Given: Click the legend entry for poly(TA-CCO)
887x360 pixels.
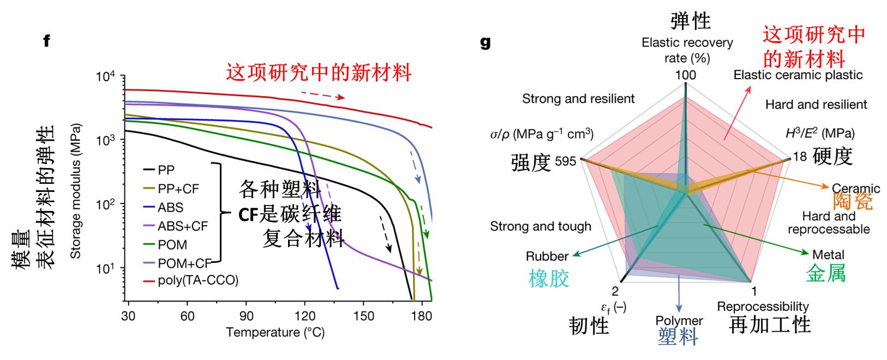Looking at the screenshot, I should [x=197, y=281].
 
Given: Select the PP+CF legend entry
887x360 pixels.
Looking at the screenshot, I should [x=178, y=189].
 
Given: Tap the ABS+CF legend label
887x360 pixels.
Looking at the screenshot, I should [x=182, y=226].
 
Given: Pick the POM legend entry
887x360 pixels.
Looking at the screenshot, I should [x=172, y=244].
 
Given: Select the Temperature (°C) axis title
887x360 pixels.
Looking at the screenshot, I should [x=275, y=333].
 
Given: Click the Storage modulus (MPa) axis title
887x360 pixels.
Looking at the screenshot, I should [x=75, y=191].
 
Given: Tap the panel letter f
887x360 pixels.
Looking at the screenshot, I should [x=47, y=41].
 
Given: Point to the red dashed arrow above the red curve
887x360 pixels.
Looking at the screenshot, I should [x=322, y=95].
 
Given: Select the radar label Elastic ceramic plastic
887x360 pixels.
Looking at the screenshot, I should [x=798, y=75].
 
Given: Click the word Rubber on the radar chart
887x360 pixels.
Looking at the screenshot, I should [x=547, y=256].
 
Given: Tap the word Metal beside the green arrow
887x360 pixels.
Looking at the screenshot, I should [x=828, y=255].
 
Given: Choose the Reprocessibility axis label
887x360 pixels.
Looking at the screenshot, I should [x=763, y=307].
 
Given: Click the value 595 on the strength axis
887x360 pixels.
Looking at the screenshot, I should [x=565, y=161].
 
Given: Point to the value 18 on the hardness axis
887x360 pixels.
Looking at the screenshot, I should [x=799, y=157].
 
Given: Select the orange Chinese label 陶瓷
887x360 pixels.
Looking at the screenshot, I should [x=852, y=202].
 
